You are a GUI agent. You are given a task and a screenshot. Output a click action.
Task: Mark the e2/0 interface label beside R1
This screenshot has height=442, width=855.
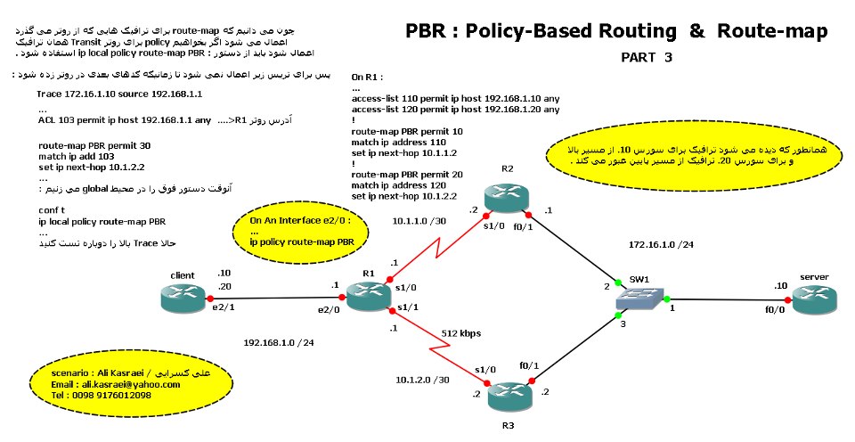click(330, 309)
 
